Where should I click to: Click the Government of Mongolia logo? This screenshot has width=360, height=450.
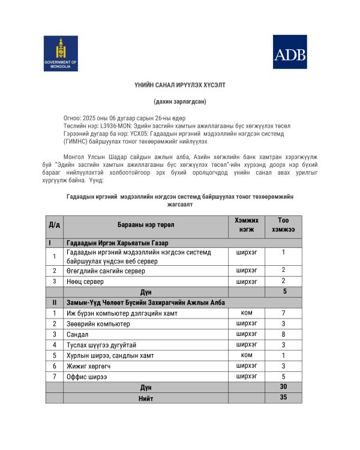tap(61, 53)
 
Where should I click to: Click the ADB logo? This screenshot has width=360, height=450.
tap(290, 53)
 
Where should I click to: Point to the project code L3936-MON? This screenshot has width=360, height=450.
tap(113, 126)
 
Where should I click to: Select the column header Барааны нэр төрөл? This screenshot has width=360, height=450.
tap(145, 224)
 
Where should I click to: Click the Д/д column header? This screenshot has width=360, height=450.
tap(55, 224)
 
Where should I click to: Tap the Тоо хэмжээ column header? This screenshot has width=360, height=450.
tap(283, 224)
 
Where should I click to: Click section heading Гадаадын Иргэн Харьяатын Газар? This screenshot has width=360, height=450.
tap(118, 242)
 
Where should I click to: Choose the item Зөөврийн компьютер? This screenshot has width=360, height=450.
tap(98, 323)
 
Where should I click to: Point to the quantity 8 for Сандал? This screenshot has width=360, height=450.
tap(283, 334)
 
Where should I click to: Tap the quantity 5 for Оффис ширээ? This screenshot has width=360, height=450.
tap(283, 376)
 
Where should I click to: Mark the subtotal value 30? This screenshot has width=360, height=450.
tap(283, 387)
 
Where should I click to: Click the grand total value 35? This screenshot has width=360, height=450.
tap(283, 397)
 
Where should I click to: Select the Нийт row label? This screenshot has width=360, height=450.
tap(145, 398)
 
